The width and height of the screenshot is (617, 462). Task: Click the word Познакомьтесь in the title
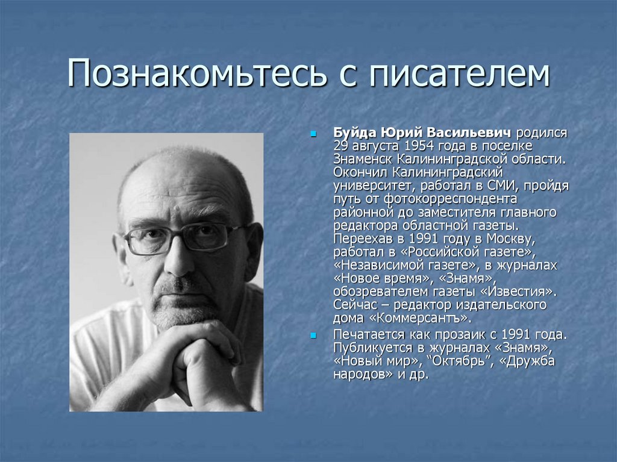(197, 73)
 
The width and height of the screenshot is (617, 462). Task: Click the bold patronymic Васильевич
(469, 133)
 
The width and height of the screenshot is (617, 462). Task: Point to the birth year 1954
(419, 146)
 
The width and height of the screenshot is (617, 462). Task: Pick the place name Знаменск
(363, 160)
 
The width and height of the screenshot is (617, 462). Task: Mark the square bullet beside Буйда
(313, 134)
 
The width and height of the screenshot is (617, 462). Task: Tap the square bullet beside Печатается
(313, 336)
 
